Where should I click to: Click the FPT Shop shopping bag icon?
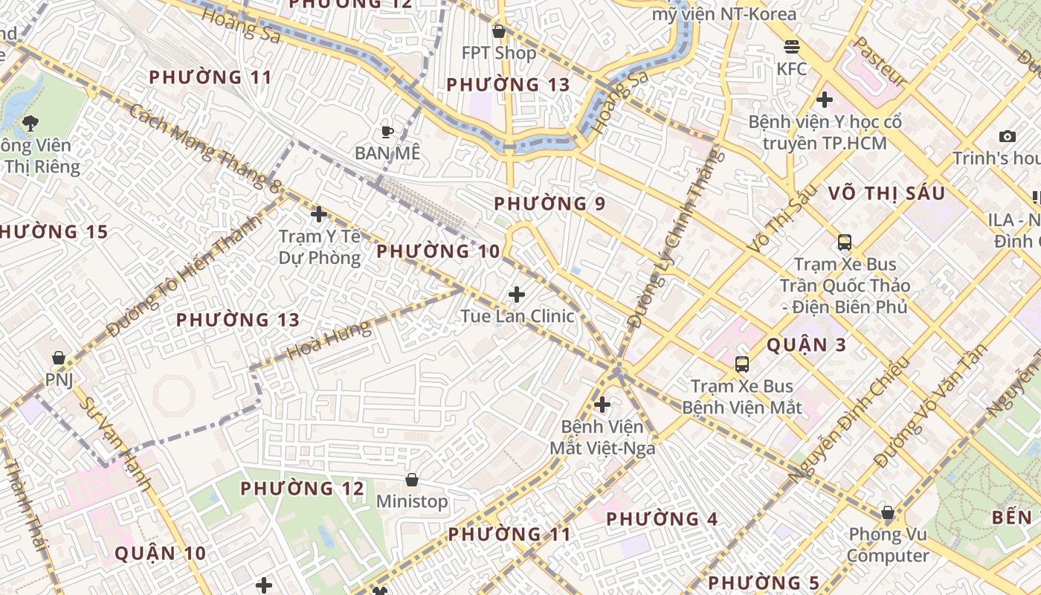click(x=499, y=31)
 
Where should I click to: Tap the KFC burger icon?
click(x=792, y=47)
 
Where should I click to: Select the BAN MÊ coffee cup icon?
click(x=387, y=132)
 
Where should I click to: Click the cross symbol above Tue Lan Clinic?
click(x=517, y=295)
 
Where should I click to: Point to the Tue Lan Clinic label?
click(x=517, y=316)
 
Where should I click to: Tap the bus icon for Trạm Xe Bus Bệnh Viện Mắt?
click(x=742, y=364)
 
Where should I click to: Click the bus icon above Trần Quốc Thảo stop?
click(x=845, y=242)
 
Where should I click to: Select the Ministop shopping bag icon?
click(x=412, y=480)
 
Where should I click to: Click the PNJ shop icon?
click(x=59, y=358)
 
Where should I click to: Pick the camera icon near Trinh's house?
click(x=1008, y=136)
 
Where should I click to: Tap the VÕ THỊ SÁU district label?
click(x=886, y=194)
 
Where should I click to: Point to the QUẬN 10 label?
click(x=160, y=553)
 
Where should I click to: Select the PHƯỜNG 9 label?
click(x=549, y=204)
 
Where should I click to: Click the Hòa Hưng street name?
click(x=329, y=341)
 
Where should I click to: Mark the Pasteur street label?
click(x=880, y=62)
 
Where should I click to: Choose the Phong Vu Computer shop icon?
click(x=887, y=512)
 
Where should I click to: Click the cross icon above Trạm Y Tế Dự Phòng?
click(x=319, y=215)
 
